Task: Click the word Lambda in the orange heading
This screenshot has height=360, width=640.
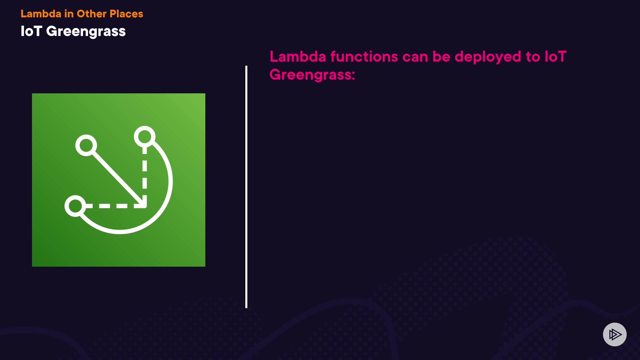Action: click(41, 14)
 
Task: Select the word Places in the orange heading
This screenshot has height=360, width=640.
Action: click(126, 14)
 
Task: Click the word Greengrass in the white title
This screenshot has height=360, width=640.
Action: click(86, 32)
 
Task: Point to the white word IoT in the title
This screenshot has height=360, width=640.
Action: click(31, 31)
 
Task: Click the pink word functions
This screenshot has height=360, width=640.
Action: click(364, 56)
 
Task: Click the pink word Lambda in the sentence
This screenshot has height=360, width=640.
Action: click(298, 56)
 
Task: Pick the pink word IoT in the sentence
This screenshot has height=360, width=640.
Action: click(556, 56)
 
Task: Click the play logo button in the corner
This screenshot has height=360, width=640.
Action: click(615, 334)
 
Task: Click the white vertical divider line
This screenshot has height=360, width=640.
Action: click(246, 187)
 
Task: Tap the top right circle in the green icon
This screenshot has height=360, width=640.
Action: click(145, 137)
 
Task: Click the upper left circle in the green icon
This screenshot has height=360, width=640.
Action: click(86, 145)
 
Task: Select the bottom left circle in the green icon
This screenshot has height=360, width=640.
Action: click(75, 206)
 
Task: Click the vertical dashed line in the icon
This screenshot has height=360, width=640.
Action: click(145, 175)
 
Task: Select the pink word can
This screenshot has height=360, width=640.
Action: click(415, 57)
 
